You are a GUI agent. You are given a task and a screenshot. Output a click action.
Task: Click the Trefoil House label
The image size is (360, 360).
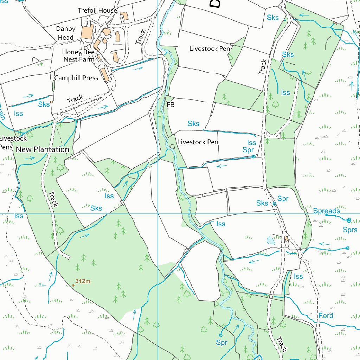point(97,11)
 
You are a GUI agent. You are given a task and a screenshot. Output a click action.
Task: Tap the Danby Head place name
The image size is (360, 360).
point(65,33)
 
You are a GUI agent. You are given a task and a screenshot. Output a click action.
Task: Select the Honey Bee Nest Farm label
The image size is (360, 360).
point(79,56)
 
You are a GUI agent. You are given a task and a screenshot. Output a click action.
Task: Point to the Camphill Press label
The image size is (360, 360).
point(76,78)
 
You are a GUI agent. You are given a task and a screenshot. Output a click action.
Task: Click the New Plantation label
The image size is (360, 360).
point(43,149)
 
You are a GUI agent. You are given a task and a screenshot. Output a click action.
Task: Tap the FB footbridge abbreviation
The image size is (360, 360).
point(171,104)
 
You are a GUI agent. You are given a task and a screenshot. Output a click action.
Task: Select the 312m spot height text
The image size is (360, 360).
point(83,281)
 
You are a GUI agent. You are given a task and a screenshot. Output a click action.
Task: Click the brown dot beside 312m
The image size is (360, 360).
point(73,285)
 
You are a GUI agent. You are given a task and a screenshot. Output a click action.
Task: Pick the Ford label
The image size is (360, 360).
point(326,315)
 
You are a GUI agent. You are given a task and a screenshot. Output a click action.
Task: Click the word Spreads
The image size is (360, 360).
point(326,211)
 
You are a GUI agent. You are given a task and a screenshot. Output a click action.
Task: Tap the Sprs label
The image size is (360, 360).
point(350,230)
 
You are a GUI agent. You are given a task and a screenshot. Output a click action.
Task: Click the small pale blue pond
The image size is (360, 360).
point(271,240)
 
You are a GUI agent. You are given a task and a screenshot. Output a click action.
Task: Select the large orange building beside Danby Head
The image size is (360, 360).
point(86,31)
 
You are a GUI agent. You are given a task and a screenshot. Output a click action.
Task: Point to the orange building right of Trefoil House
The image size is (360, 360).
point(124,16)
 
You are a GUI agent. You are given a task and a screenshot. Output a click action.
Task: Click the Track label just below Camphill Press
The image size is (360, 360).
point(75,99)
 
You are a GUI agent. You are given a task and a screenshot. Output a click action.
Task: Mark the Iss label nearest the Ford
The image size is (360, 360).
point(298,276)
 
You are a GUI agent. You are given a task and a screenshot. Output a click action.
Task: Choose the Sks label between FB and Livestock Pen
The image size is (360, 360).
point(193,123)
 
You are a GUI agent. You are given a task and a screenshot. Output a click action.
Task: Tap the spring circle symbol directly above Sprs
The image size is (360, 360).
point(349,220)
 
